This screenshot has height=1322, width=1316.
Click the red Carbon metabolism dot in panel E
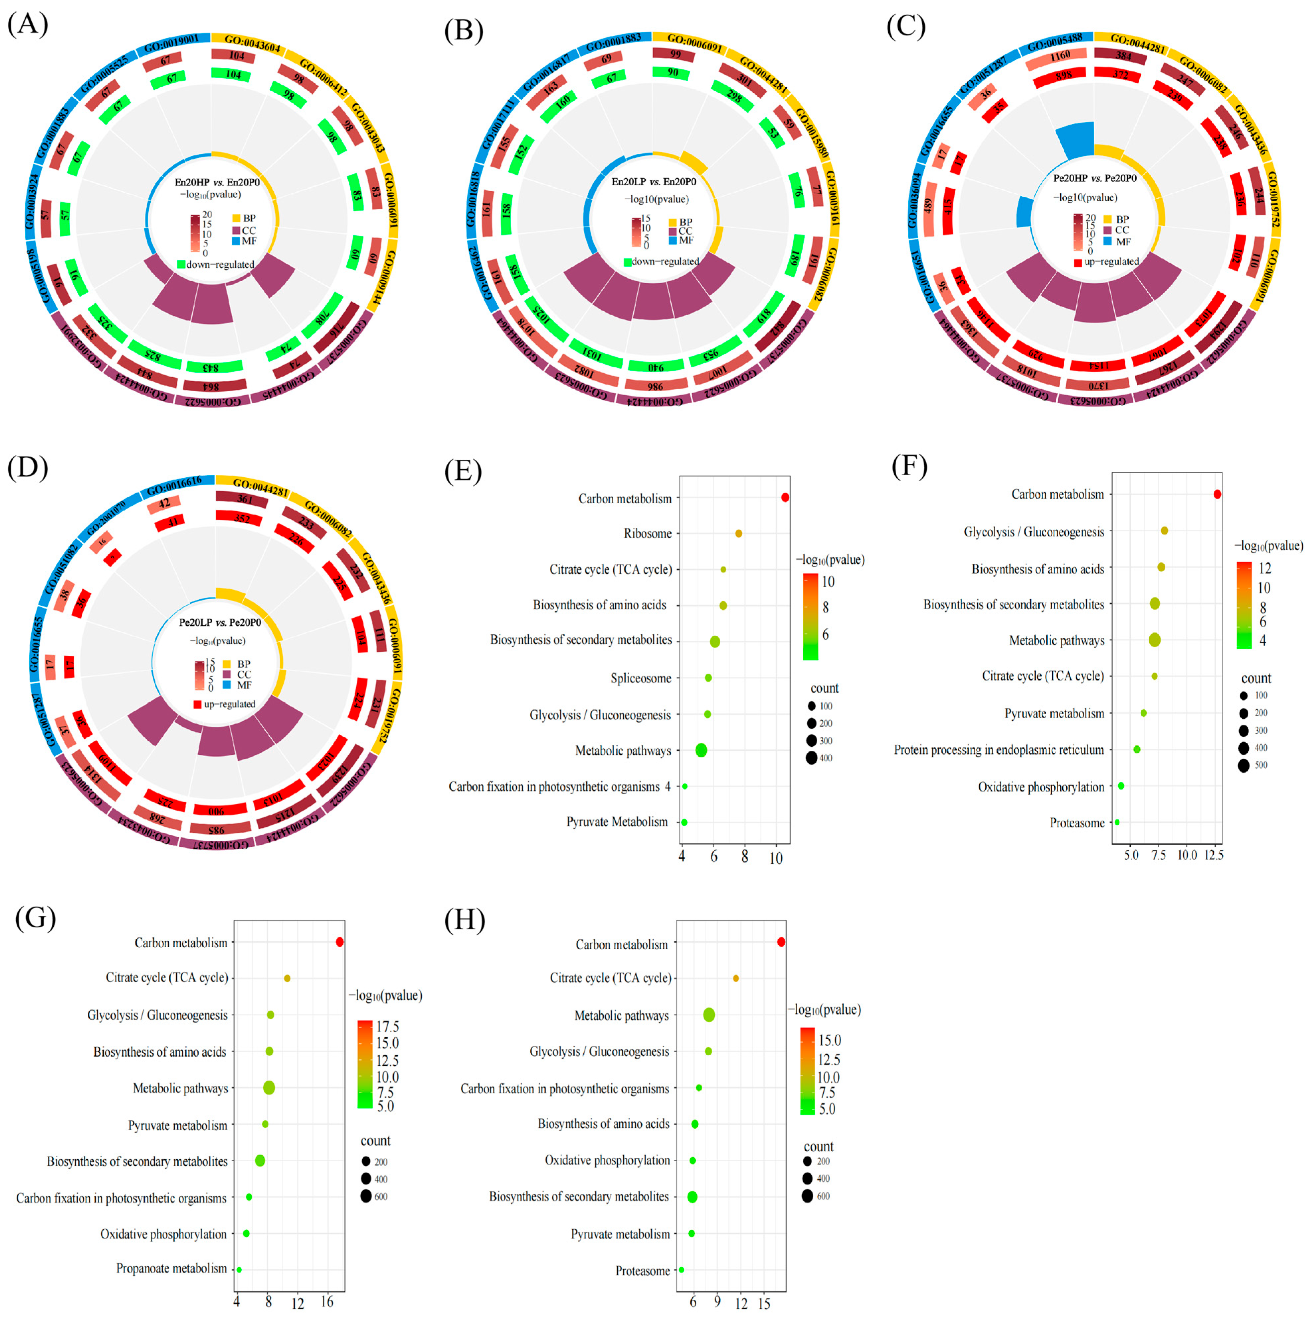(785, 498)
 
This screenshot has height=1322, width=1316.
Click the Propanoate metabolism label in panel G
(171, 1268)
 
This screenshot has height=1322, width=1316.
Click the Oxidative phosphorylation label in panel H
(607, 1160)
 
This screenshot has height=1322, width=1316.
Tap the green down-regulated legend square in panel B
(627, 262)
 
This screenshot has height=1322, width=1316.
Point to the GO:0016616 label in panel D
(174, 487)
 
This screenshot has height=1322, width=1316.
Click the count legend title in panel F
(1256, 678)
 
